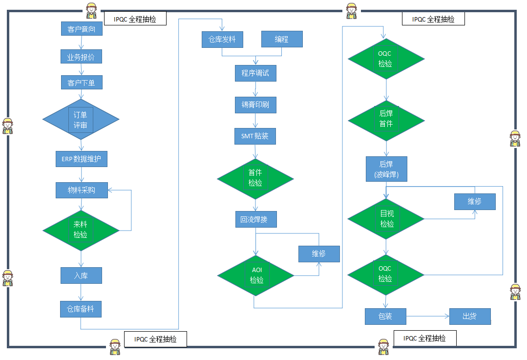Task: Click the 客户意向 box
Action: coord(82,29)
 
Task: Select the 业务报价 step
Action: coord(81,57)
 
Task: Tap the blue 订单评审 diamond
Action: coord(81,120)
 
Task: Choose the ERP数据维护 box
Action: coord(81,159)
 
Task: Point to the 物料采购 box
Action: coord(82,190)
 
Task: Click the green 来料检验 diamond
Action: coord(81,230)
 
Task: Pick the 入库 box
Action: coord(81,275)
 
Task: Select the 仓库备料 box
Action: coord(81,309)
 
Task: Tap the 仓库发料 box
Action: coord(222,39)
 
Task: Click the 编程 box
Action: coord(282,39)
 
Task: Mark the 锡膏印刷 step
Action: coord(255,105)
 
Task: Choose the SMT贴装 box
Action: coord(255,136)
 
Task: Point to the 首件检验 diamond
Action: coord(255,178)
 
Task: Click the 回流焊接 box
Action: coord(255,219)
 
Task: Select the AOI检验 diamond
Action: coord(255,275)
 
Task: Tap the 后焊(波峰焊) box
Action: coord(386,169)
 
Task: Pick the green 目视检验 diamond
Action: coord(386,219)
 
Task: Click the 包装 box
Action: coord(385,316)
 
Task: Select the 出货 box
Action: coord(469,316)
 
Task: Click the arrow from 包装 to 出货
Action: coord(427,317)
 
